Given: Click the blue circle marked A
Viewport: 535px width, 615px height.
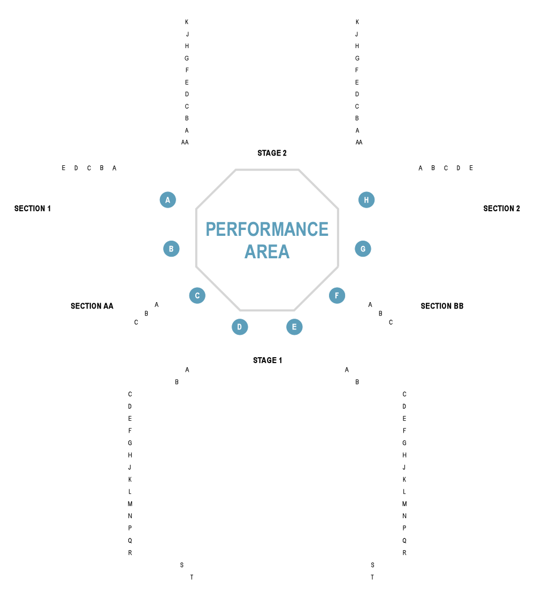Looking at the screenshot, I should (x=168, y=200).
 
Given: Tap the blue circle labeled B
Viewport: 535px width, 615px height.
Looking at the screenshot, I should (x=171, y=249).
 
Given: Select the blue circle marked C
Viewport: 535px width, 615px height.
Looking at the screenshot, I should (x=197, y=295).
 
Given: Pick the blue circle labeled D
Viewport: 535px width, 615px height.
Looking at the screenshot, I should (x=240, y=327).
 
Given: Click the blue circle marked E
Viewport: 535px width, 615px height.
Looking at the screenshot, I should (x=294, y=327).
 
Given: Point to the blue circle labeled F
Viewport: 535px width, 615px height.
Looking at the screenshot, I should (x=337, y=295).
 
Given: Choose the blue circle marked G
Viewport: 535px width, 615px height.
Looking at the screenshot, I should (x=363, y=249).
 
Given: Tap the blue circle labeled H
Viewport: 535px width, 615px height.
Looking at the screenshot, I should (x=366, y=200).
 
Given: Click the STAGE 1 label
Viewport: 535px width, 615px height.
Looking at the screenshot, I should (x=267, y=360).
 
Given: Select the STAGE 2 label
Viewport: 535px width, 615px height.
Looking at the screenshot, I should (x=272, y=153).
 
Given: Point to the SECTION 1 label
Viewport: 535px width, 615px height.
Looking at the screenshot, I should (x=33, y=209).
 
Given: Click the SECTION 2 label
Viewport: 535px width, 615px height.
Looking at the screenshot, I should (x=501, y=209).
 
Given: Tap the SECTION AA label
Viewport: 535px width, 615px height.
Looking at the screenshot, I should (x=92, y=306).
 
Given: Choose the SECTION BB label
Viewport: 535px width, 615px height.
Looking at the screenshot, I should (x=442, y=306).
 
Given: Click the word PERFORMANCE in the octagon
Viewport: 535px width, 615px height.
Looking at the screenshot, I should (x=267, y=229).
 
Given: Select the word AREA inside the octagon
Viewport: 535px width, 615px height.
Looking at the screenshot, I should (x=267, y=251).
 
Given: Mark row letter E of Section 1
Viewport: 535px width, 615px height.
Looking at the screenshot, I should (x=63, y=168).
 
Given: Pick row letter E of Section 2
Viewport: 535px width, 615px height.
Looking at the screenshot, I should (x=471, y=168).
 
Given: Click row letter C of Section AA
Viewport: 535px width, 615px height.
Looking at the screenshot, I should (x=136, y=322).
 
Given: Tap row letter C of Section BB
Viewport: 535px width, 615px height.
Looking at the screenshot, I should (x=391, y=322).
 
